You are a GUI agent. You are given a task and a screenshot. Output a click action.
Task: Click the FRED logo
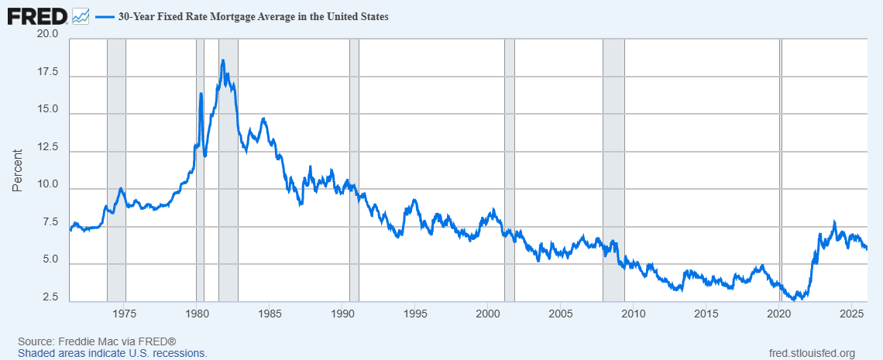point(36,15)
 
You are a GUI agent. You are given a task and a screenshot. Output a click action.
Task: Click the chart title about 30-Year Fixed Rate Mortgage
point(253,16)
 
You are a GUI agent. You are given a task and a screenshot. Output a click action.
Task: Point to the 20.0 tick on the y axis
point(48,35)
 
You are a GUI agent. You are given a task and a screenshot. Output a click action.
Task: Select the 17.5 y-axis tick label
point(48,73)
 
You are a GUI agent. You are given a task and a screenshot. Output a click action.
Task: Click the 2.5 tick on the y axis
point(51,298)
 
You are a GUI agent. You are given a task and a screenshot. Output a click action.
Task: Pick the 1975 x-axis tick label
point(125,314)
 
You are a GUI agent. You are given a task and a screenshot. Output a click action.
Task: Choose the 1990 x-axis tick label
point(342,314)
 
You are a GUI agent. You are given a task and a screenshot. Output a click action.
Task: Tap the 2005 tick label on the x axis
point(560,314)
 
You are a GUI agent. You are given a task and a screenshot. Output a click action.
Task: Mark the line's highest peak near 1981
point(223,60)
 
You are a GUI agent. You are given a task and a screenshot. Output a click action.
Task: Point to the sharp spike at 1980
point(201,94)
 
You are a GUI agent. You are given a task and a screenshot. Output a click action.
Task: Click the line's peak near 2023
point(834,222)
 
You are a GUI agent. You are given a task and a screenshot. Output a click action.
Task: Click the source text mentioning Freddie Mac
point(98,341)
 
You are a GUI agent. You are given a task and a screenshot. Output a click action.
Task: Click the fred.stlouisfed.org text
point(809,353)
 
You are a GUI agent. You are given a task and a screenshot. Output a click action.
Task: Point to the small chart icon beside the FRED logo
point(80,15)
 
